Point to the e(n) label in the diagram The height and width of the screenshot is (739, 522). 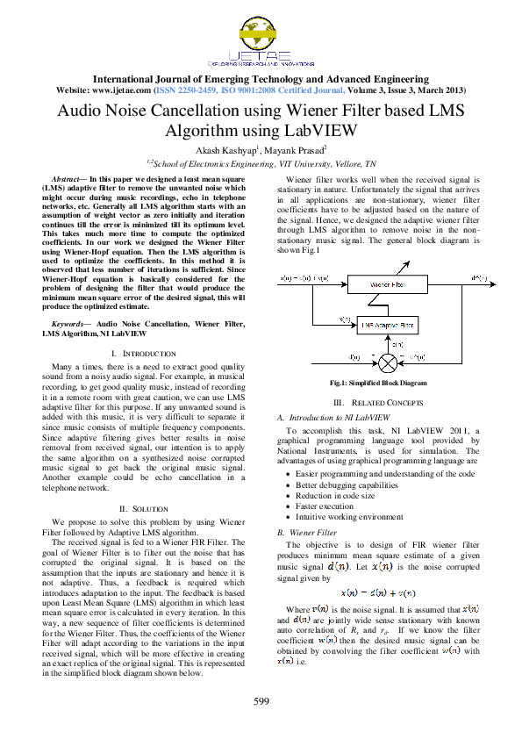pos(397,344)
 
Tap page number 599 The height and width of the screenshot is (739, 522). pos(261,700)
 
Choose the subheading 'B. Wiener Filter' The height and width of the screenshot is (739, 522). pos(307,532)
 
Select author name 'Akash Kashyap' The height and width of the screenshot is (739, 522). pos(225,150)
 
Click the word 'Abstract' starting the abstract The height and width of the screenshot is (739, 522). pos(69,178)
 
